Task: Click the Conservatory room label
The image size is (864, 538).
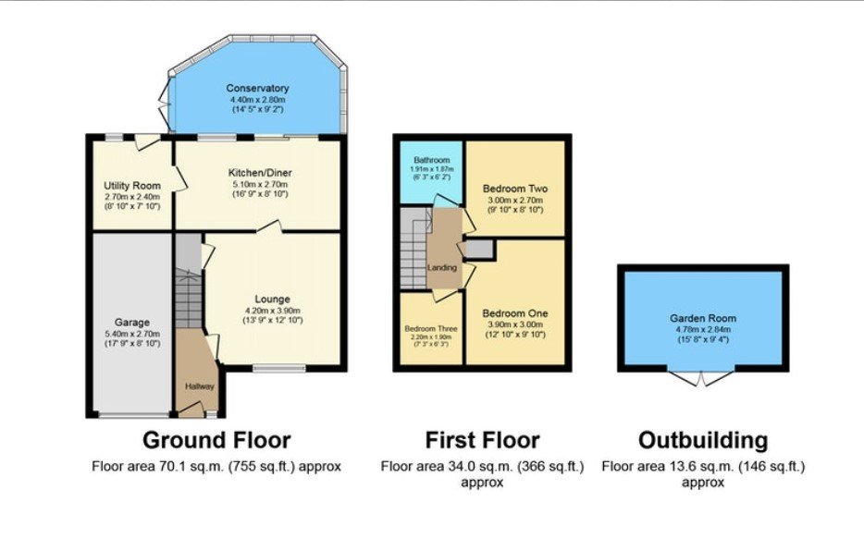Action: (x=258, y=89)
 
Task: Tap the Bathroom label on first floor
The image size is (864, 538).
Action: (x=431, y=160)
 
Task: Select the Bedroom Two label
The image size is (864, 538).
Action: (x=515, y=189)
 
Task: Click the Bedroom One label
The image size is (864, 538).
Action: (x=515, y=313)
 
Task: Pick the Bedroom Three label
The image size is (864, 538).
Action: (x=430, y=328)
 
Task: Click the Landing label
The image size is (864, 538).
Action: (x=442, y=268)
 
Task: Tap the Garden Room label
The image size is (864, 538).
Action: (x=703, y=318)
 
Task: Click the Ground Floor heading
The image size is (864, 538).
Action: (x=216, y=440)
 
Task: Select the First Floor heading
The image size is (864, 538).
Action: (x=482, y=440)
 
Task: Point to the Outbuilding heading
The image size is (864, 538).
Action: (x=703, y=440)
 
